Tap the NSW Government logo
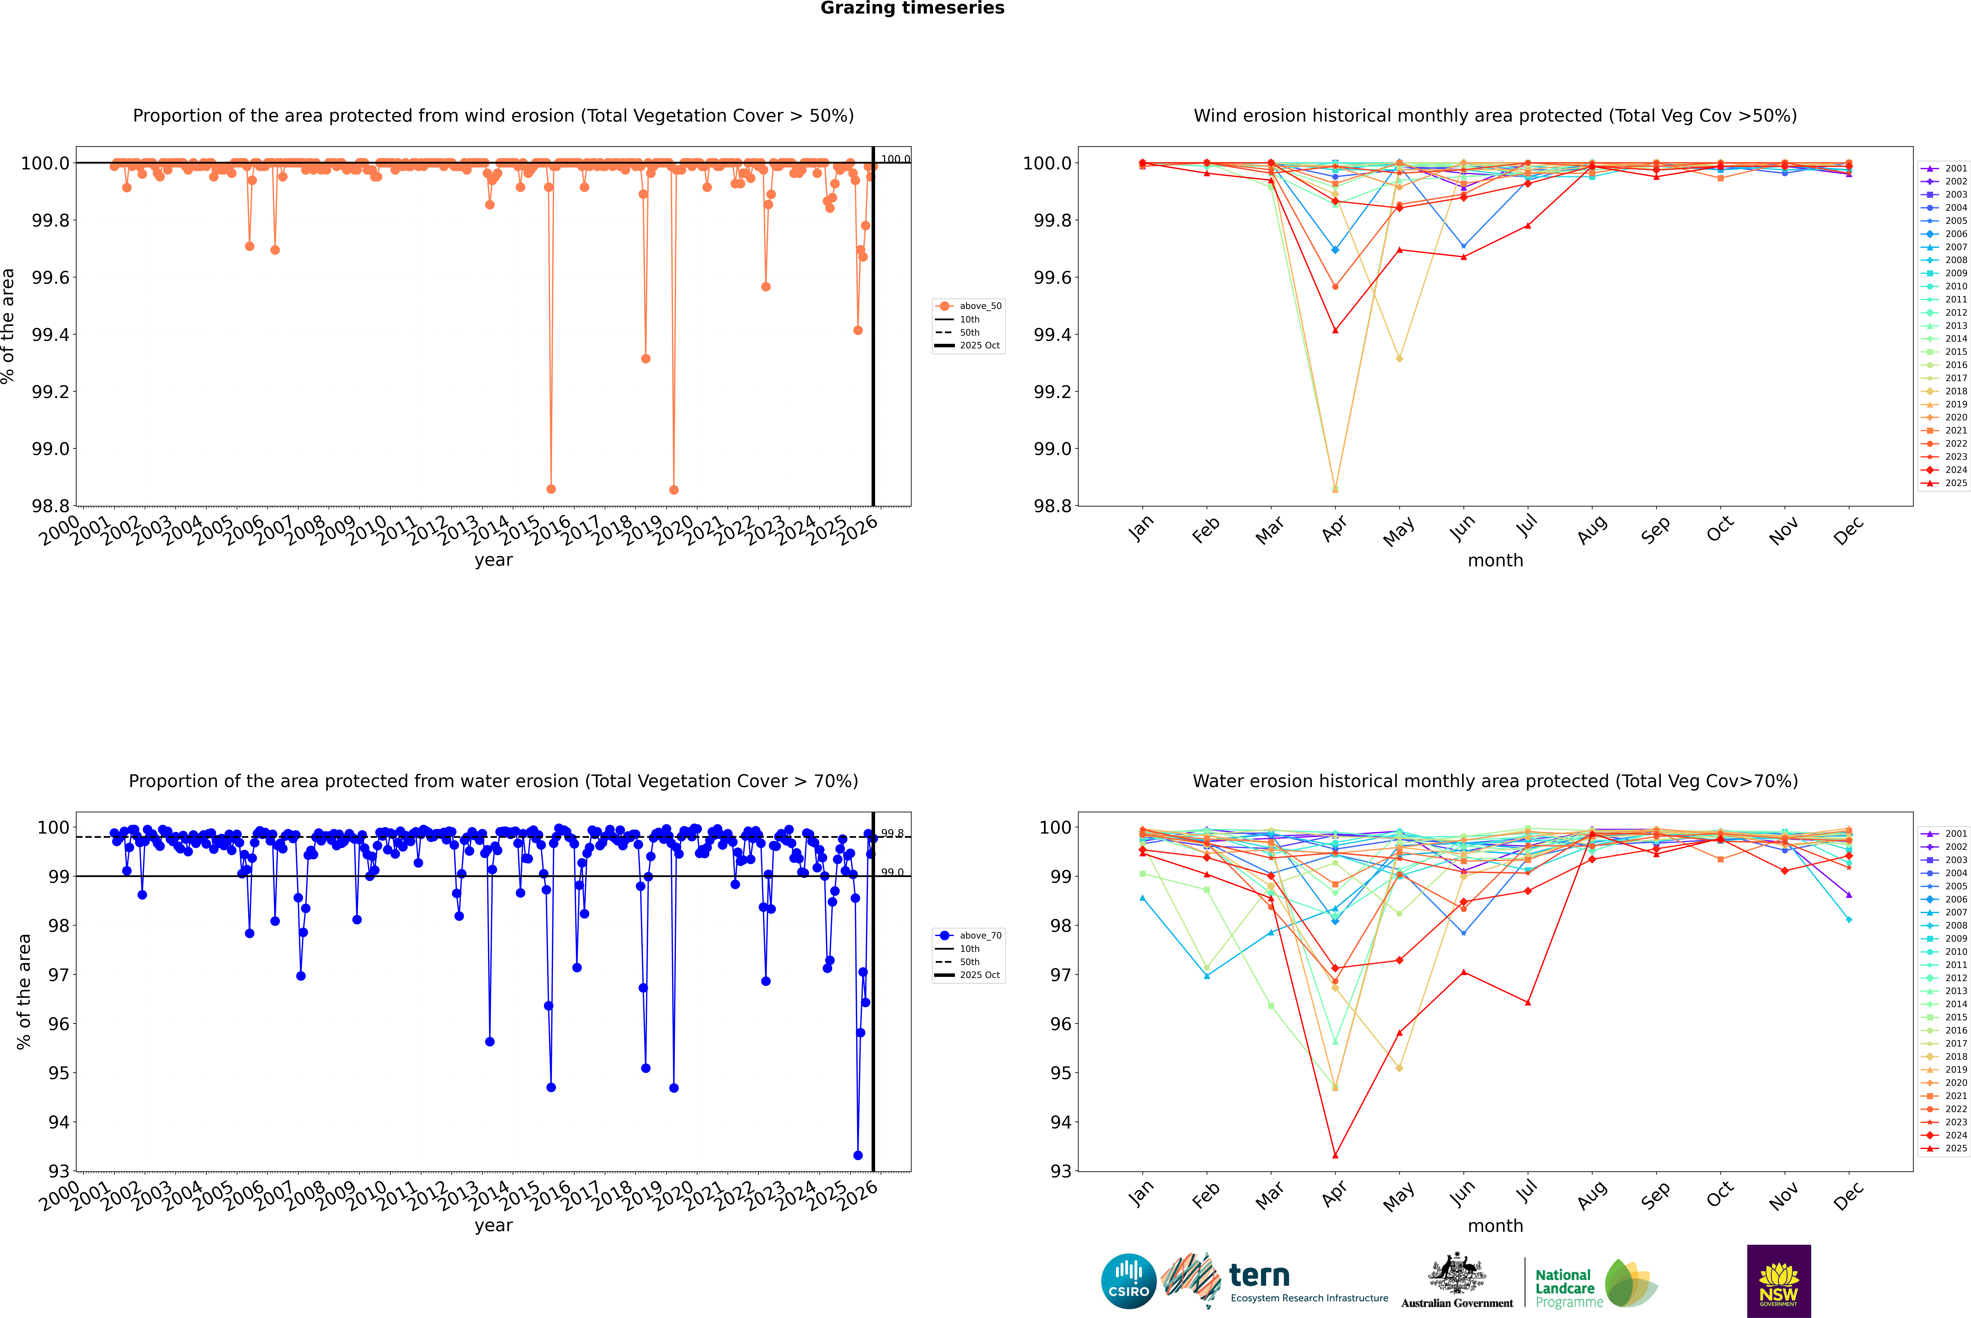click(1779, 1281)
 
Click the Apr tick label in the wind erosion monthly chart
click(1333, 529)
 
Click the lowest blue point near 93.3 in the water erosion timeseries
click(858, 1156)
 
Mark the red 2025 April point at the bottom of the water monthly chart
click(1335, 1156)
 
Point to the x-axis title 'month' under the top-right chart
click(1495, 561)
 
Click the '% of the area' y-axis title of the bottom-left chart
click(24, 992)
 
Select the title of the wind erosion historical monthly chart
click(1495, 116)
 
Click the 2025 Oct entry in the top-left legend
click(980, 345)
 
